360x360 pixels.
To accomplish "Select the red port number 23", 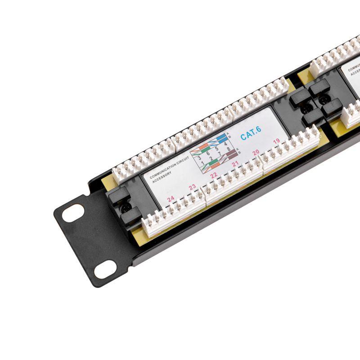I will (x=192, y=187).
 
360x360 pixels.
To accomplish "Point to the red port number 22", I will (x=214, y=175).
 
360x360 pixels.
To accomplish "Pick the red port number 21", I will (x=235, y=164).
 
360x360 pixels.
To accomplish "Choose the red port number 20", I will (x=256, y=153).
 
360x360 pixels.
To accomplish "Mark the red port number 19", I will (x=276, y=141).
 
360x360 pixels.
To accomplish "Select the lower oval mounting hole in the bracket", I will (x=105, y=269).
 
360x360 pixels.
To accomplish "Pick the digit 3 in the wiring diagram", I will (x=199, y=158).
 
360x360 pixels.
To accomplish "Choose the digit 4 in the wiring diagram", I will (x=225, y=144).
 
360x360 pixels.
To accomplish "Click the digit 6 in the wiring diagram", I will (x=207, y=153).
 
